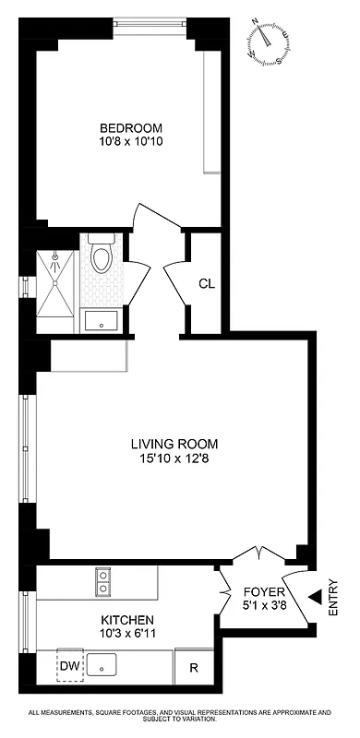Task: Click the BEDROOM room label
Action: (x=131, y=127)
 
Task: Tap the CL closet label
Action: (x=207, y=283)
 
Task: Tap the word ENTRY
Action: (x=332, y=597)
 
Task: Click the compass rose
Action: (x=270, y=42)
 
